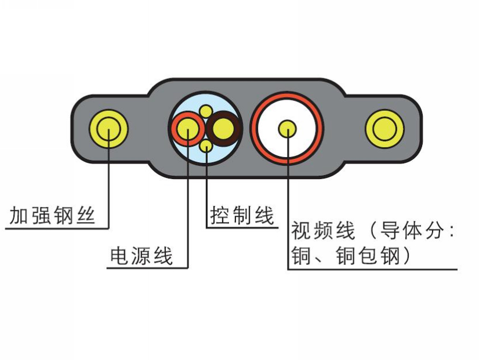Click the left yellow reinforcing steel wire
[x=108, y=129]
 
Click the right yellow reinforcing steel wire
[x=384, y=129]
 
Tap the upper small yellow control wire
[x=205, y=110]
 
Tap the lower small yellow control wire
[x=206, y=146]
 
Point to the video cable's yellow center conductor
[x=287, y=128]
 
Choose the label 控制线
[x=242, y=216]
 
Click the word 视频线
[x=323, y=231]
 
